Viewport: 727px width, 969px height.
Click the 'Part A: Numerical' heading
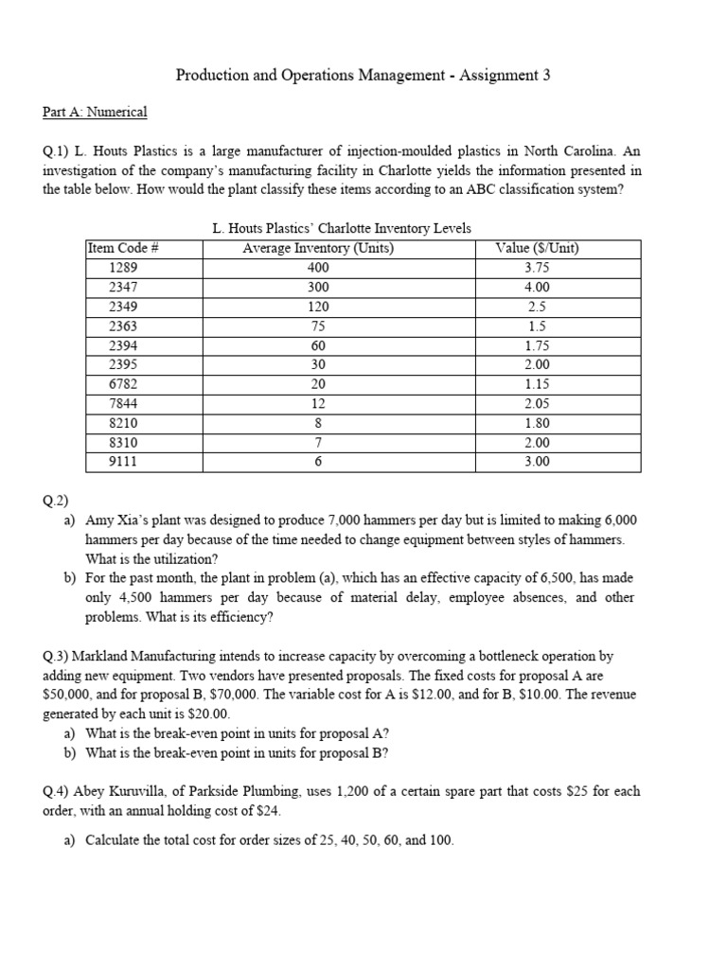point(95,112)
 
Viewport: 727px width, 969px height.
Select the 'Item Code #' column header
point(122,249)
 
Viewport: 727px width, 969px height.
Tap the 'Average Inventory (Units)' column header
point(318,249)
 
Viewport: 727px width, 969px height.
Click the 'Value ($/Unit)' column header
point(537,249)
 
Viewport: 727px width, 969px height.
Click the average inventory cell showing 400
point(318,268)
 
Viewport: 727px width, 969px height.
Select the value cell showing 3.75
point(537,268)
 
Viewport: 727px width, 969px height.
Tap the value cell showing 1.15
point(537,384)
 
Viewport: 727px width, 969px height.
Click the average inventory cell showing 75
point(318,326)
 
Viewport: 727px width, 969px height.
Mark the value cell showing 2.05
point(537,404)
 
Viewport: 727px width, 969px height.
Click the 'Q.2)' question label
point(55,501)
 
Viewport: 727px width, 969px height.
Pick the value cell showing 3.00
point(537,462)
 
